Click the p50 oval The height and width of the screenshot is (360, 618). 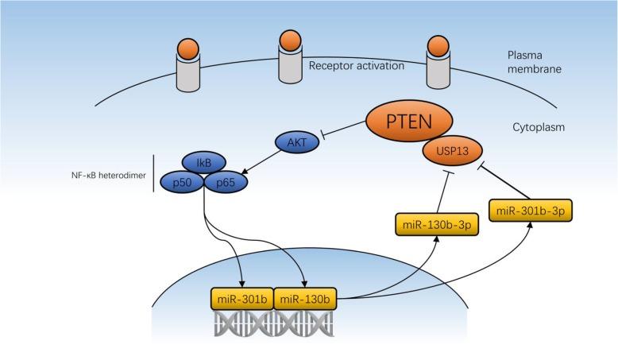pos(182,182)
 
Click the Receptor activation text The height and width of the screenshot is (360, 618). pos(357,66)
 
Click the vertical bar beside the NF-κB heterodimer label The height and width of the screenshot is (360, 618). pos(153,174)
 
